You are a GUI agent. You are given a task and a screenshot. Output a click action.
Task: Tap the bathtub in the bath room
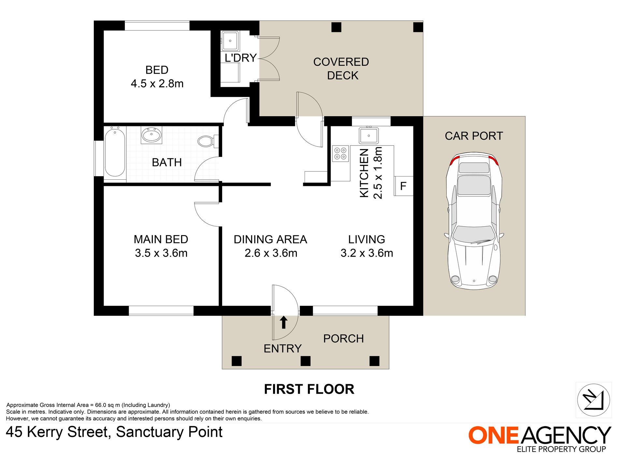click(x=115, y=152)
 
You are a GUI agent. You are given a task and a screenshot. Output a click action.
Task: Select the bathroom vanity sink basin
click(x=151, y=135)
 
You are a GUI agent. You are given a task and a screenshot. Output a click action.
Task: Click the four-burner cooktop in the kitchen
click(x=340, y=154)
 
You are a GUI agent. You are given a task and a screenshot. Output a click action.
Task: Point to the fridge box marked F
click(x=404, y=186)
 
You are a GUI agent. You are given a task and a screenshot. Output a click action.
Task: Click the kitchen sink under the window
click(x=369, y=135)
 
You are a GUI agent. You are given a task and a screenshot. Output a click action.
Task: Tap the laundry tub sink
click(x=230, y=41)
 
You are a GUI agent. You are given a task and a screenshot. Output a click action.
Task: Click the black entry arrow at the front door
click(x=284, y=322)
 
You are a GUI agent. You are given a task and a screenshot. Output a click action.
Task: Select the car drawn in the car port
click(x=474, y=221)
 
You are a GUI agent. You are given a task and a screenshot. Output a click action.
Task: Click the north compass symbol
click(x=594, y=400)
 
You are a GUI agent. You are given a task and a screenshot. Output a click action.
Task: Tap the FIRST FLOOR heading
click(x=309, y=389)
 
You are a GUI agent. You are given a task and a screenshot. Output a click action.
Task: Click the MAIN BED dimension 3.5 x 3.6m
click(x=161, y=253)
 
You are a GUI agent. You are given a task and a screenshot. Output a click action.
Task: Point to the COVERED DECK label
click(x=341, y=69)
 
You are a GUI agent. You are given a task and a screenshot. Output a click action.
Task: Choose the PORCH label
click(x=343, y=339)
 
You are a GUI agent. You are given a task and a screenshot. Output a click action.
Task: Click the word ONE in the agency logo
click(x=493, y=435)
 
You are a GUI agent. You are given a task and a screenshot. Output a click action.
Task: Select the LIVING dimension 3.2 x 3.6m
click(x=367, y=253)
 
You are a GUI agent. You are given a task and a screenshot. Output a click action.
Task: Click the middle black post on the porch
click(x=305, y=361)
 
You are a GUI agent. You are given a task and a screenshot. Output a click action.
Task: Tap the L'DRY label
click(x=241, y=58)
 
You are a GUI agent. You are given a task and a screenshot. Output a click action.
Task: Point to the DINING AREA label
click(x=270, y=239)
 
